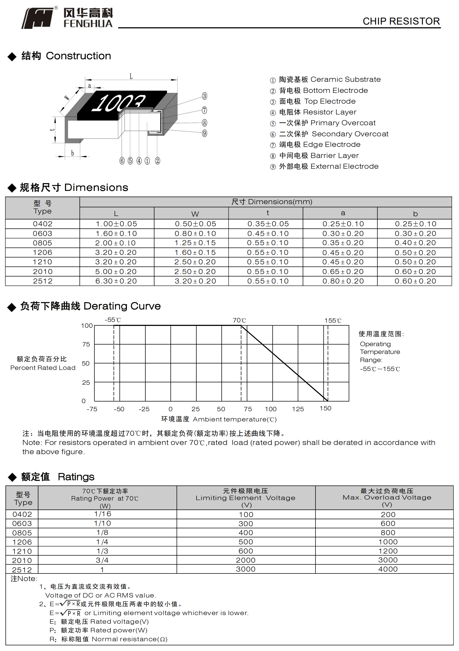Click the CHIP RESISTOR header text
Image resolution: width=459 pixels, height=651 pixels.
pyautogui.click(x=401, y=21)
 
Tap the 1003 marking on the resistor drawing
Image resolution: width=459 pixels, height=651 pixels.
pyautogui.click(x=118, y=102)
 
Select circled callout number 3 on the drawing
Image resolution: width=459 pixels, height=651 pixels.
pyautogui.click(x=204, y=96)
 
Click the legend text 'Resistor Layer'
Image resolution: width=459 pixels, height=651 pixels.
pyautogui.click(x=329, y=112)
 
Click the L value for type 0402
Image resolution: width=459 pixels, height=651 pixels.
pyautogui.click(x=117, y=224)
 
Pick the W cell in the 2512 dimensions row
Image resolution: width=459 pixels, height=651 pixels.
pyautogui.click(x=195, y=281)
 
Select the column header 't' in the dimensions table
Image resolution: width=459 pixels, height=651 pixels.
pyautogui.click(x=268, y=213)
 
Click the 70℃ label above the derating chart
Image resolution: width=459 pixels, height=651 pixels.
pyautogui.click(x=239, y=321)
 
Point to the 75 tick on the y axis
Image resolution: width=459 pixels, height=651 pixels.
pyautogui.click(x=86, y=344)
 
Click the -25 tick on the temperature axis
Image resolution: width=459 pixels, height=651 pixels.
pyautogui.click(x=144, y=409)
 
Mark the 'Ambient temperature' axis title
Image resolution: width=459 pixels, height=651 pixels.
pyautogui.click(x=234, y=419)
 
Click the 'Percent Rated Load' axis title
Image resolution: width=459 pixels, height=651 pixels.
pyautogui.click(x=43, y=368)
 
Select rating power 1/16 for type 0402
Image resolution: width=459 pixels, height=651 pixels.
pyautogui.click(x=102, y=514)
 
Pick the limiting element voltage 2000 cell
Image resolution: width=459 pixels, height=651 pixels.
pyautogui.click(x=245, y=560)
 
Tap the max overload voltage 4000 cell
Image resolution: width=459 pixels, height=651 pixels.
pyautogui.click(x=388, y=569)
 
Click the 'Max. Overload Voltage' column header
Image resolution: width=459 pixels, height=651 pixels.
pyautogui.click(x=387, y=497)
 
